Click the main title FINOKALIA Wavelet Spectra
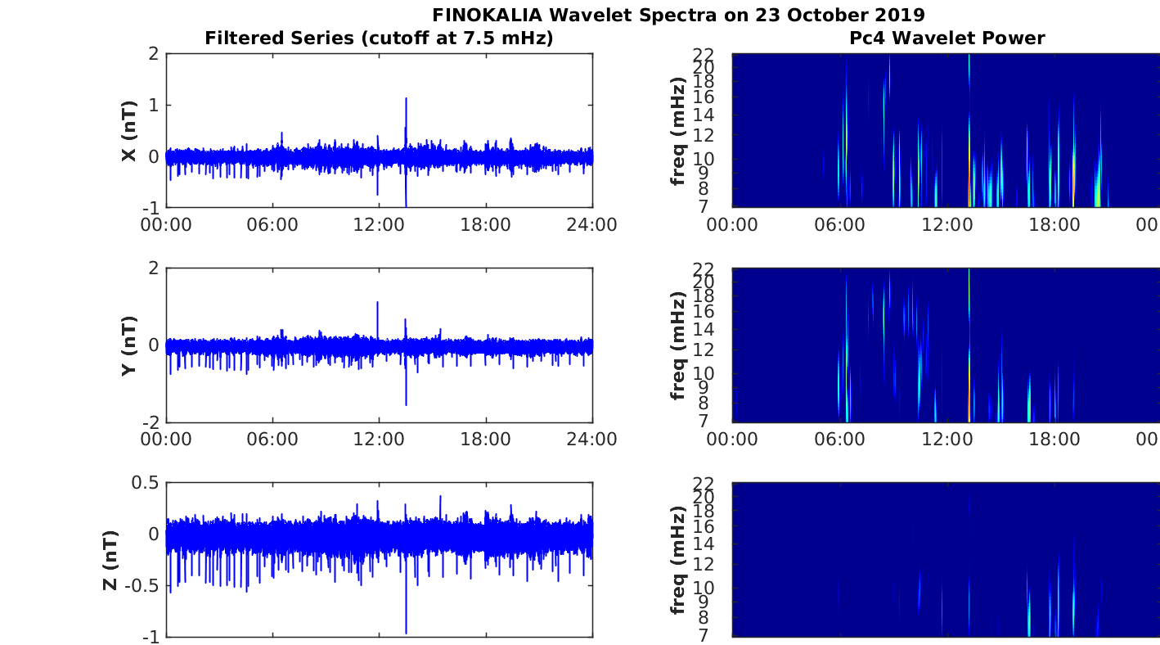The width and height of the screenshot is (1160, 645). tap(678, 15)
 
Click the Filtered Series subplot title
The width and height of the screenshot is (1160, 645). tap(379, 38)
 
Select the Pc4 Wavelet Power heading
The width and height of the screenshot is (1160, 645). tap(946, 38)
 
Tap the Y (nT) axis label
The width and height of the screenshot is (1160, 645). tap(128, 346)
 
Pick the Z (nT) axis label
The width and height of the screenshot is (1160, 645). tap(112, 561)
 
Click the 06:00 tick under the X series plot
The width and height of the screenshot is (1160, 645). tap(272, 225)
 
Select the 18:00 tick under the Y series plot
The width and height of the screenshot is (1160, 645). tap(486, 440)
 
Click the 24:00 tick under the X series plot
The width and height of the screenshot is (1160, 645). tap(591, 225)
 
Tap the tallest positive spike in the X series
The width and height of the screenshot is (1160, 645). tap(406, 99)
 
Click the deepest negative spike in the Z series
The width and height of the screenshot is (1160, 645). tap(406, 631)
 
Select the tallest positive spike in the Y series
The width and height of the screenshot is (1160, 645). tap(378, 303)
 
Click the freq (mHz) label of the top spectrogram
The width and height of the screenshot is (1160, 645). tap(678, 132)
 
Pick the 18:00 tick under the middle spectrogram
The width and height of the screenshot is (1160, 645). tap(1054, 440)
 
